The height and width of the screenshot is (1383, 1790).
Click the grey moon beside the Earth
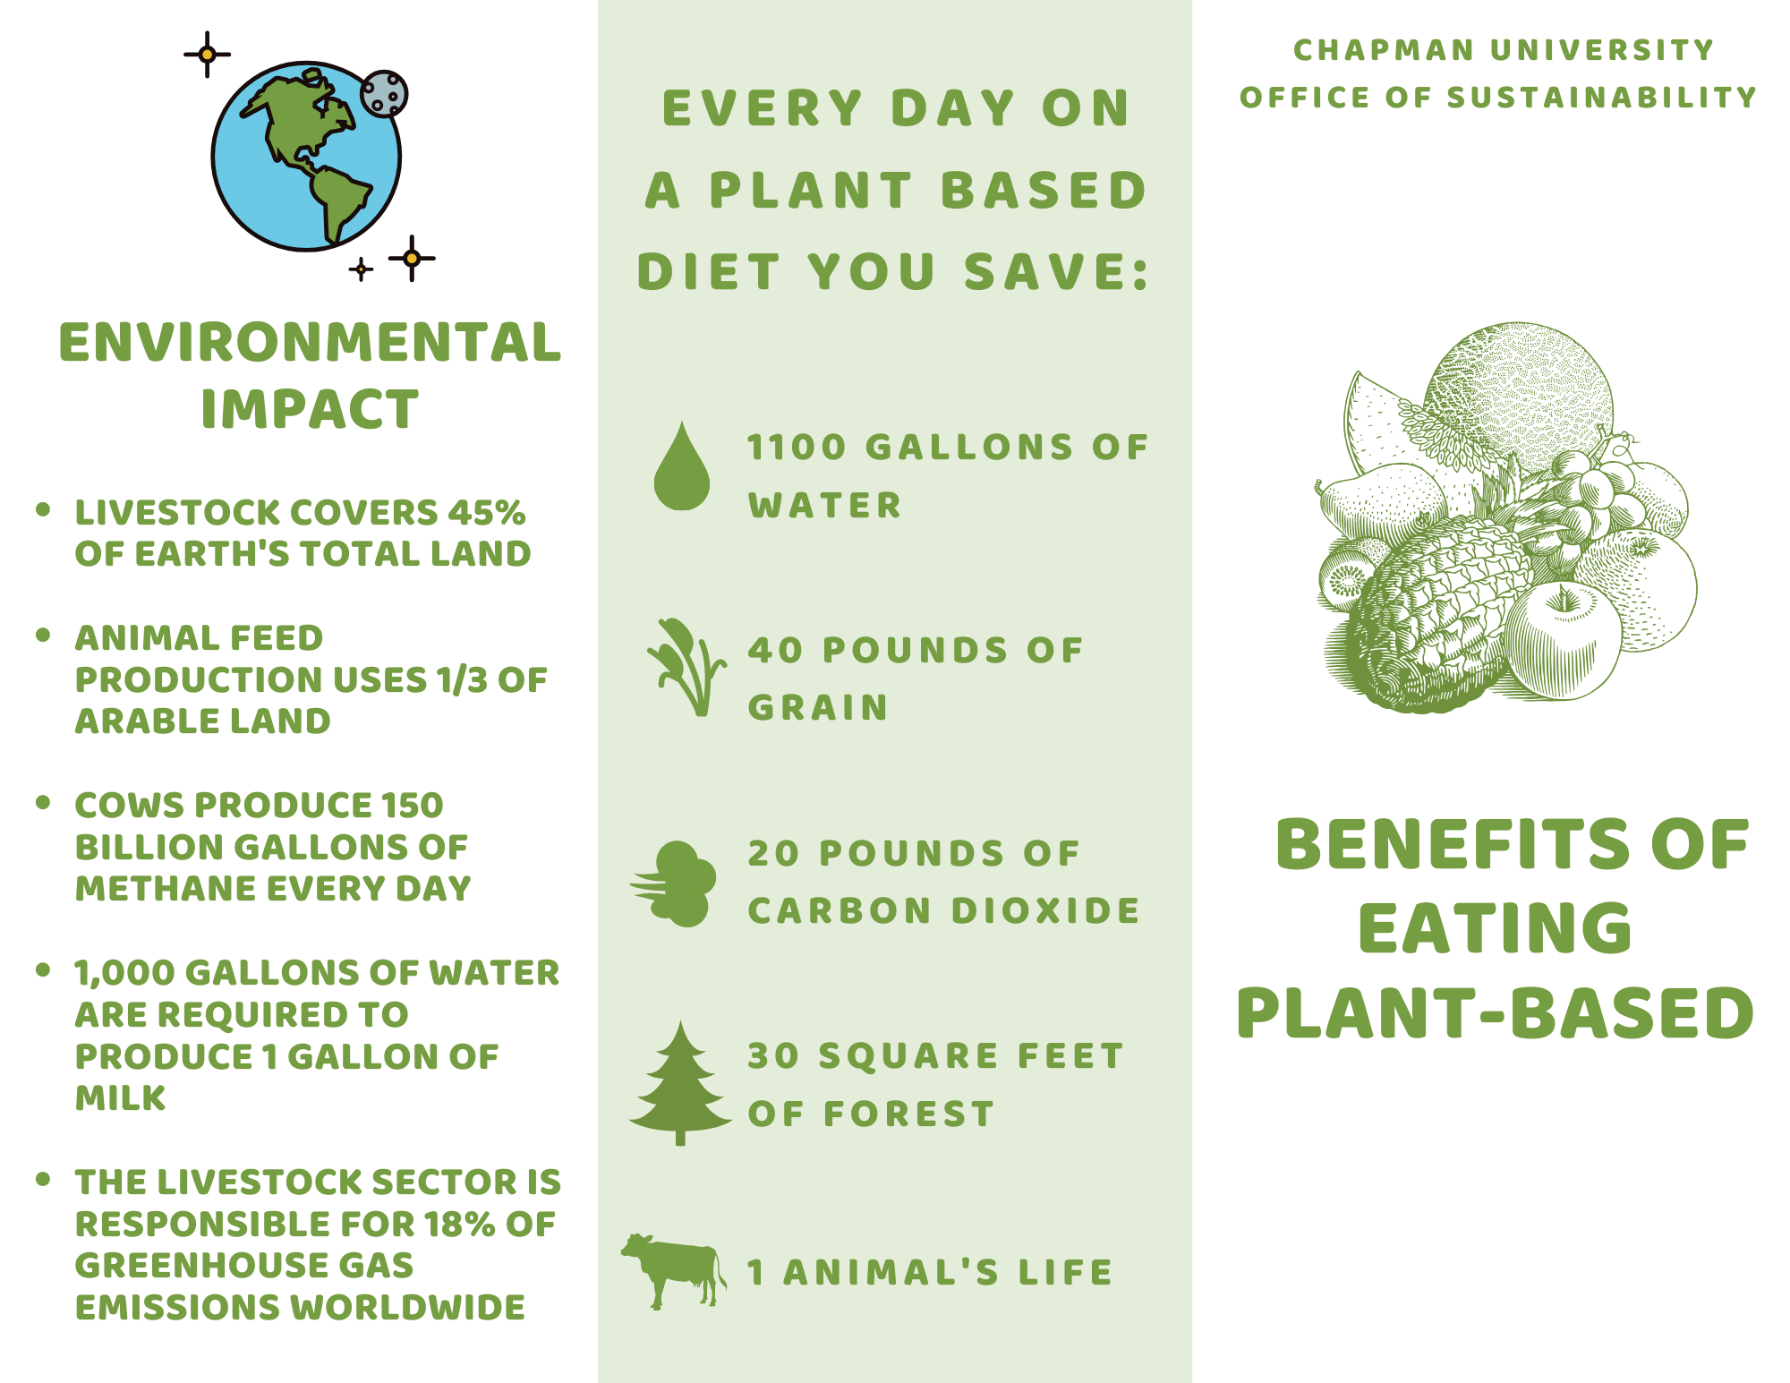coord(384,94)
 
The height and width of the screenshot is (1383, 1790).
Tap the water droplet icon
coord(682,466)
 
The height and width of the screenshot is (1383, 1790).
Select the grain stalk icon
coord(685,667)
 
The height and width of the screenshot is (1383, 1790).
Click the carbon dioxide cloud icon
coord(674,884)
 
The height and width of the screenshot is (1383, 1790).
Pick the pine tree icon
coord(680,1083)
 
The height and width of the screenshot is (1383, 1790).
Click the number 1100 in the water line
coord(797,448)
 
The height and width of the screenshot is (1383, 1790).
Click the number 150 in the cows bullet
coord(413,805)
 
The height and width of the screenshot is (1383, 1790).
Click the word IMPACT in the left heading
coord(310,409)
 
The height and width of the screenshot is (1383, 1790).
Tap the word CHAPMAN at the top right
coord(1384,50)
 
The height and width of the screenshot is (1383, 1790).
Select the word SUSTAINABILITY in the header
coord(1602,98)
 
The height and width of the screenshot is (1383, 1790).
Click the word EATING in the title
coord(1496,927)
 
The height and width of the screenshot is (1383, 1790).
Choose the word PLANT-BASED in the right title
coord(1496,1013)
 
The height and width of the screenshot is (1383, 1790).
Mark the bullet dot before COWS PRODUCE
coord(43,802)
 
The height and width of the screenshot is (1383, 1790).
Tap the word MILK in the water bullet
coord(121,1098)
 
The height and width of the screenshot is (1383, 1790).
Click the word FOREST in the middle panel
coord(909,1114)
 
